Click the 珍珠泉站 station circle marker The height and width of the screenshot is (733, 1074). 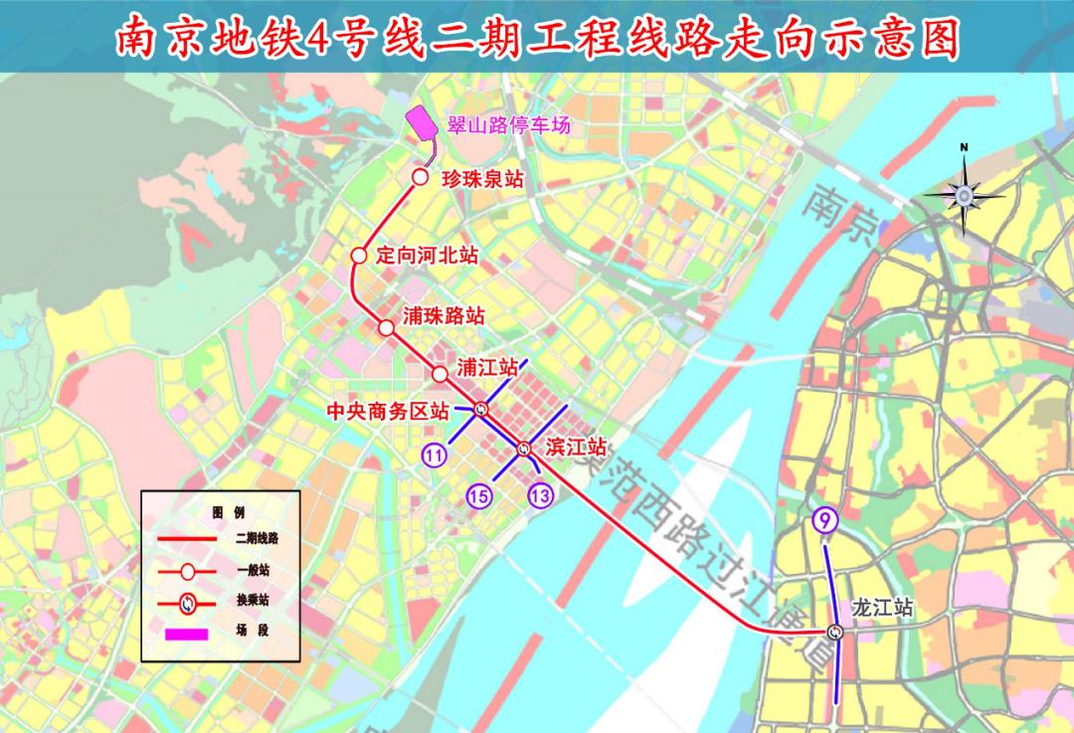[420, 177]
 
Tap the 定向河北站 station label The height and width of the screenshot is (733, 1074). [428, 255]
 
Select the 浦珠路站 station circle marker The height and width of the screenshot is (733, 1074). [386, 326]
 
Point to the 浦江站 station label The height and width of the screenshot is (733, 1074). [487, 367]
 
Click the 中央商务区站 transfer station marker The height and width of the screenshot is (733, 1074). [481, 408]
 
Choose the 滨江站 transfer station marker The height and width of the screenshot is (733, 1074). [524, 450]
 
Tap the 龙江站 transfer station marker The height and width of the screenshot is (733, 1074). [835, 632]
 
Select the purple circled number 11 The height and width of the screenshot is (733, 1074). [434, 455]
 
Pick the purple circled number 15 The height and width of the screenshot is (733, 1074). [479, 495]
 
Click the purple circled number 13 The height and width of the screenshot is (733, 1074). [541, 494]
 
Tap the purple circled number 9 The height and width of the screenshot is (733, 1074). [824, 518]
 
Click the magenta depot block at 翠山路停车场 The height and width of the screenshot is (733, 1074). [421, 124]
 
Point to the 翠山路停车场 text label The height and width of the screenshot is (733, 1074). [503, 126]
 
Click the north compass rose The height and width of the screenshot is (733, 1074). [964, 194]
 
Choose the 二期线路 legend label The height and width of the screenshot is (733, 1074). [257, 538]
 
